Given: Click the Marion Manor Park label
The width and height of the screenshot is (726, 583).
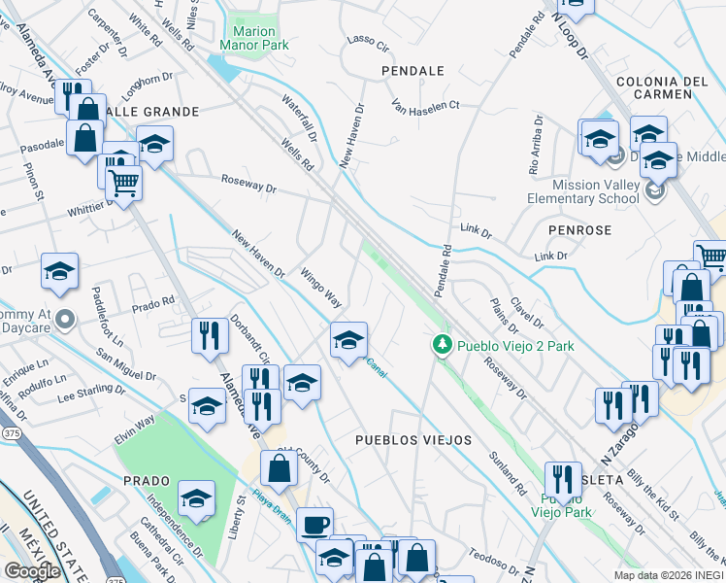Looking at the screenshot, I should [255, 37].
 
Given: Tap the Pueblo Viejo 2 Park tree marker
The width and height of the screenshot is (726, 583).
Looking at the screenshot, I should [442, 346].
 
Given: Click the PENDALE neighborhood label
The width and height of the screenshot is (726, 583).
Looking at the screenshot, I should [412, 71].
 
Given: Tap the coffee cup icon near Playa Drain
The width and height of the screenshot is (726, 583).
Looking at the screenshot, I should [314, 525].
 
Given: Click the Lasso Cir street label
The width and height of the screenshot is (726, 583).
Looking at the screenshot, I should [367, 44].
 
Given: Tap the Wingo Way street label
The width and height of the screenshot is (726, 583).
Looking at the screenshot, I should [320, 285].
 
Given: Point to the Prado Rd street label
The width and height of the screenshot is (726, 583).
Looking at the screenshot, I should [153, 303].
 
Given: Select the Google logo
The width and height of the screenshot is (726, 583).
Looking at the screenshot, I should [32, 570].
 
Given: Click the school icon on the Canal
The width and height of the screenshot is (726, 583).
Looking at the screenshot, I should [349, 340].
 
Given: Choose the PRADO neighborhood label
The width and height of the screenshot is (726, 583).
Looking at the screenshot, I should [147, 481].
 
